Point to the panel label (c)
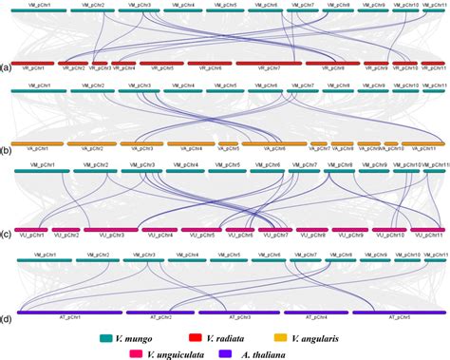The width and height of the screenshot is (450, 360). pos(6,233)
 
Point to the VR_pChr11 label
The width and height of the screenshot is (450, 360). pos(432,68)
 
